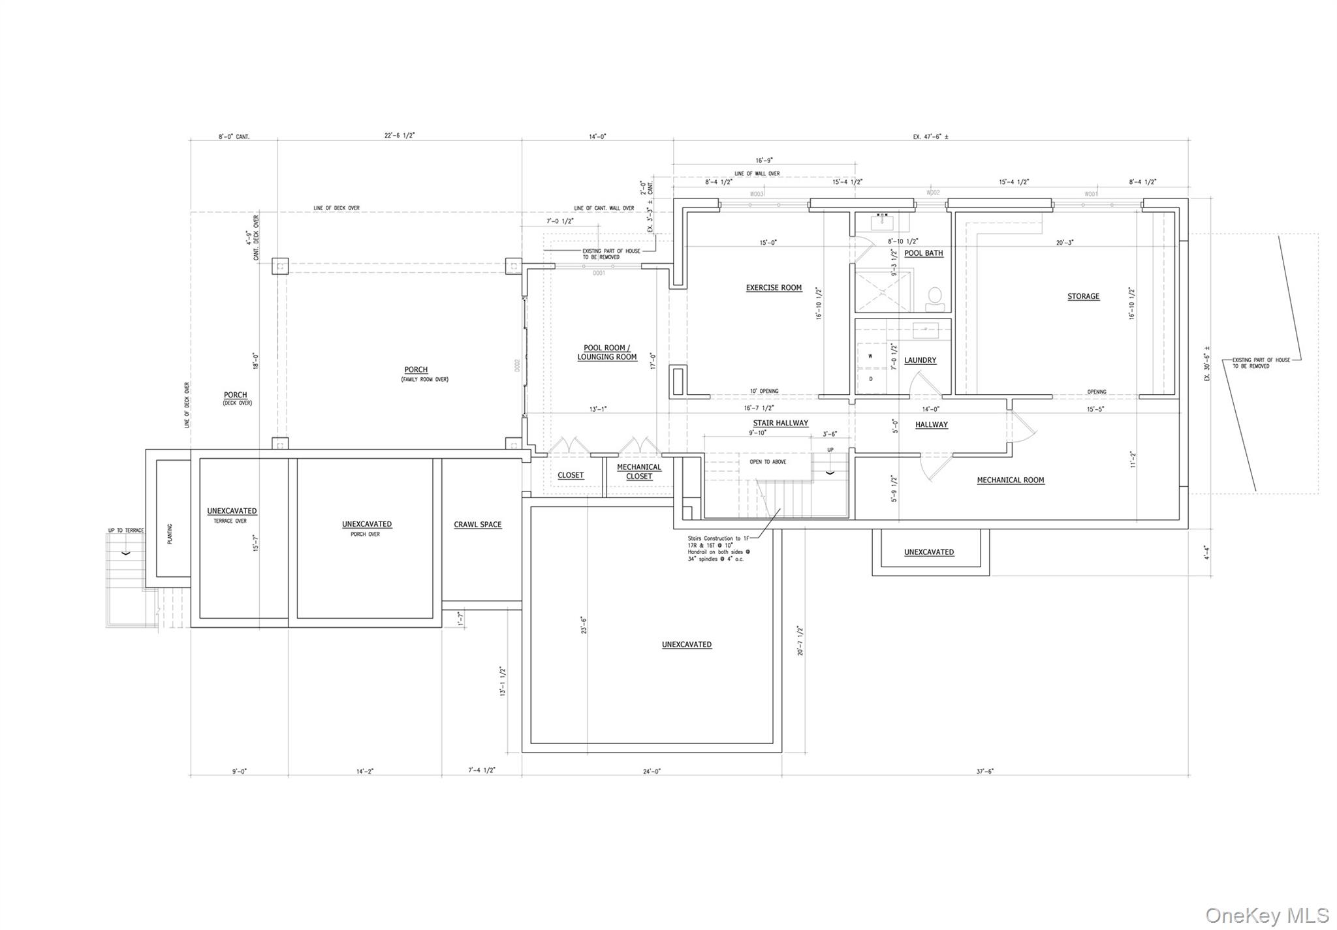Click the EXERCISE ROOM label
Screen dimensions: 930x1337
(774, 288)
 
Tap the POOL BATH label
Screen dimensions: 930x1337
(923, 253)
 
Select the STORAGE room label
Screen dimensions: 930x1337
(1083, 296)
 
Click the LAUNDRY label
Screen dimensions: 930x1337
(920, 360)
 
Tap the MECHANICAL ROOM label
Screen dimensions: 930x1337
(1010, 480)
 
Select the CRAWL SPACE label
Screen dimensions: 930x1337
(477, 525)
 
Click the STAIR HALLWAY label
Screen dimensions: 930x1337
(780, 423)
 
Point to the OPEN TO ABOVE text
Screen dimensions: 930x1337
(768, 462)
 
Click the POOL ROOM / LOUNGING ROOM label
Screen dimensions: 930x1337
(606, 352)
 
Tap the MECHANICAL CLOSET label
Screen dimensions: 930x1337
(638, 472)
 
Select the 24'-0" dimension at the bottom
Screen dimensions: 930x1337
(652, 771)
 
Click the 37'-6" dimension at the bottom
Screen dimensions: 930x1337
(984, 771)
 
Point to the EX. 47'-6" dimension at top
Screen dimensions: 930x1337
(930, 137)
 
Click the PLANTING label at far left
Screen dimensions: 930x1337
(170, 534)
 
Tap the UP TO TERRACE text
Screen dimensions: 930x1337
(125, 531)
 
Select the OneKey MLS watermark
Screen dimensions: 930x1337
(1266, 916)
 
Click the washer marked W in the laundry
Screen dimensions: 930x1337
(870, 357)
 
